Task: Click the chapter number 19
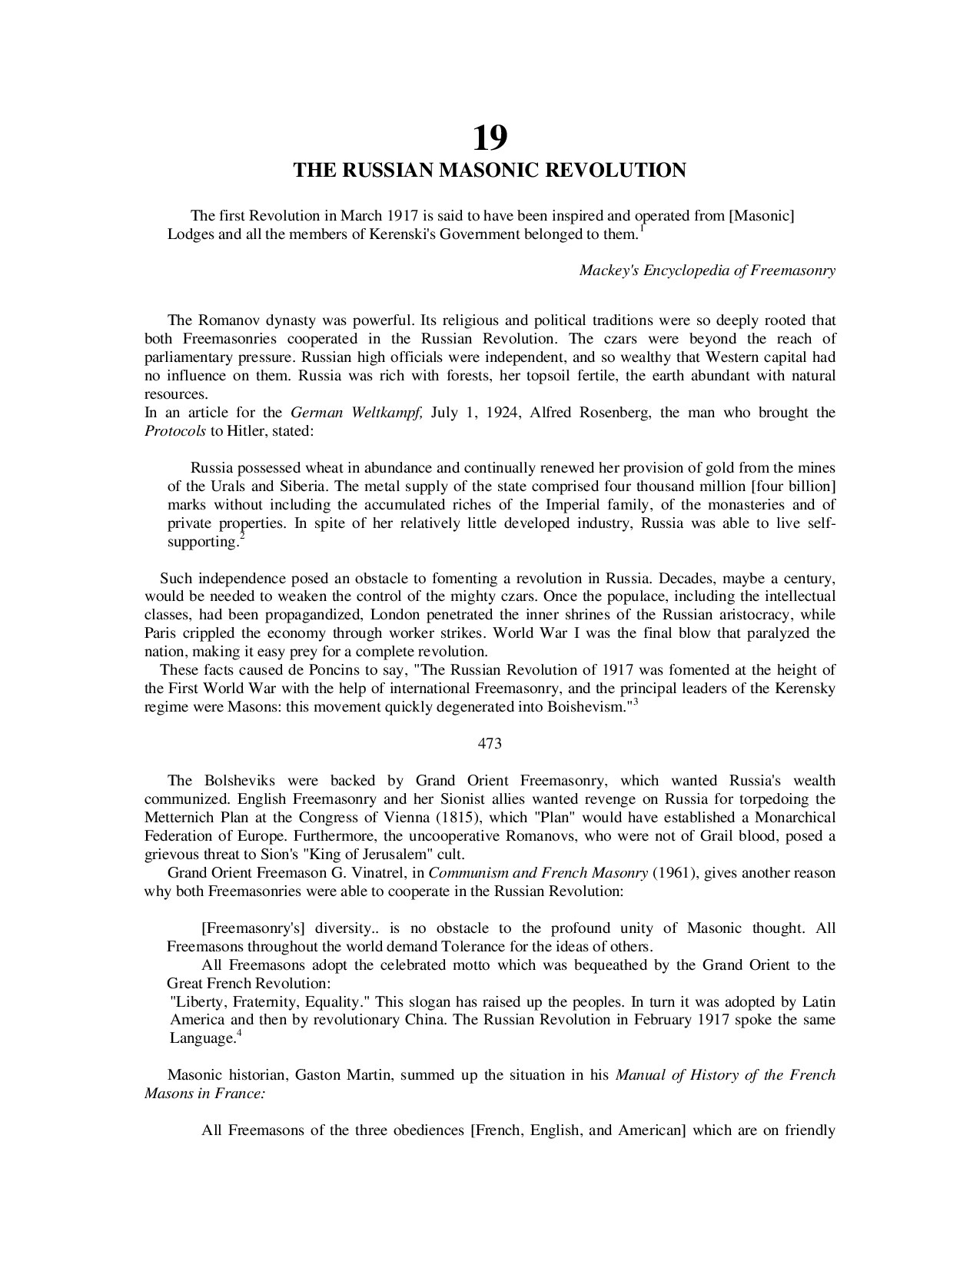click(x=490, y=138)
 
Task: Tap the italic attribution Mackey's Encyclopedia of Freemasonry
click(x=706, y=271)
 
